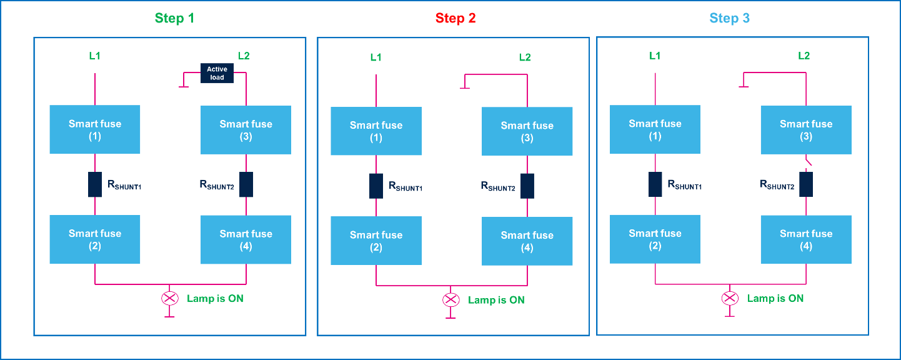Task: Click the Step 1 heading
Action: coord(174,19)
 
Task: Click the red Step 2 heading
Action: coord(455,19)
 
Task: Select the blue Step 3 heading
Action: coord(729,19)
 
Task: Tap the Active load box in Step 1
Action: coord(217,73)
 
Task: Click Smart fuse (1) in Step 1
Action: coord(95,129)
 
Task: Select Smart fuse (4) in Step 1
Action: coord(246,239)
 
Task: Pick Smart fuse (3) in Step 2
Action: coord(527,131)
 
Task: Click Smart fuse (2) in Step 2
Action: coord(376,241)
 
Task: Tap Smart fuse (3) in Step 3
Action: coord(805,129)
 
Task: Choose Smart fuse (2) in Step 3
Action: coord(655,239)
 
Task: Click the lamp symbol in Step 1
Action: coord(169,299)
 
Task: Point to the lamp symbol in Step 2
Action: coord(450,300)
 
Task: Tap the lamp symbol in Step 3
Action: coord(729,298)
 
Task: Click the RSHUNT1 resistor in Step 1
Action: coord(95,184)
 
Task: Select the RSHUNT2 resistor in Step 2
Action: coord(527,186)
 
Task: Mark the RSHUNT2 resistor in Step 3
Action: coord(806,184)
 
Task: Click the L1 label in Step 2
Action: coord(376,57)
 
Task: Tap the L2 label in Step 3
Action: coord(804,56)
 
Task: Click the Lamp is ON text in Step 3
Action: coord(775,298)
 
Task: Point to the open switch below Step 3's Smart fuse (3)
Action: coord(808,163)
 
